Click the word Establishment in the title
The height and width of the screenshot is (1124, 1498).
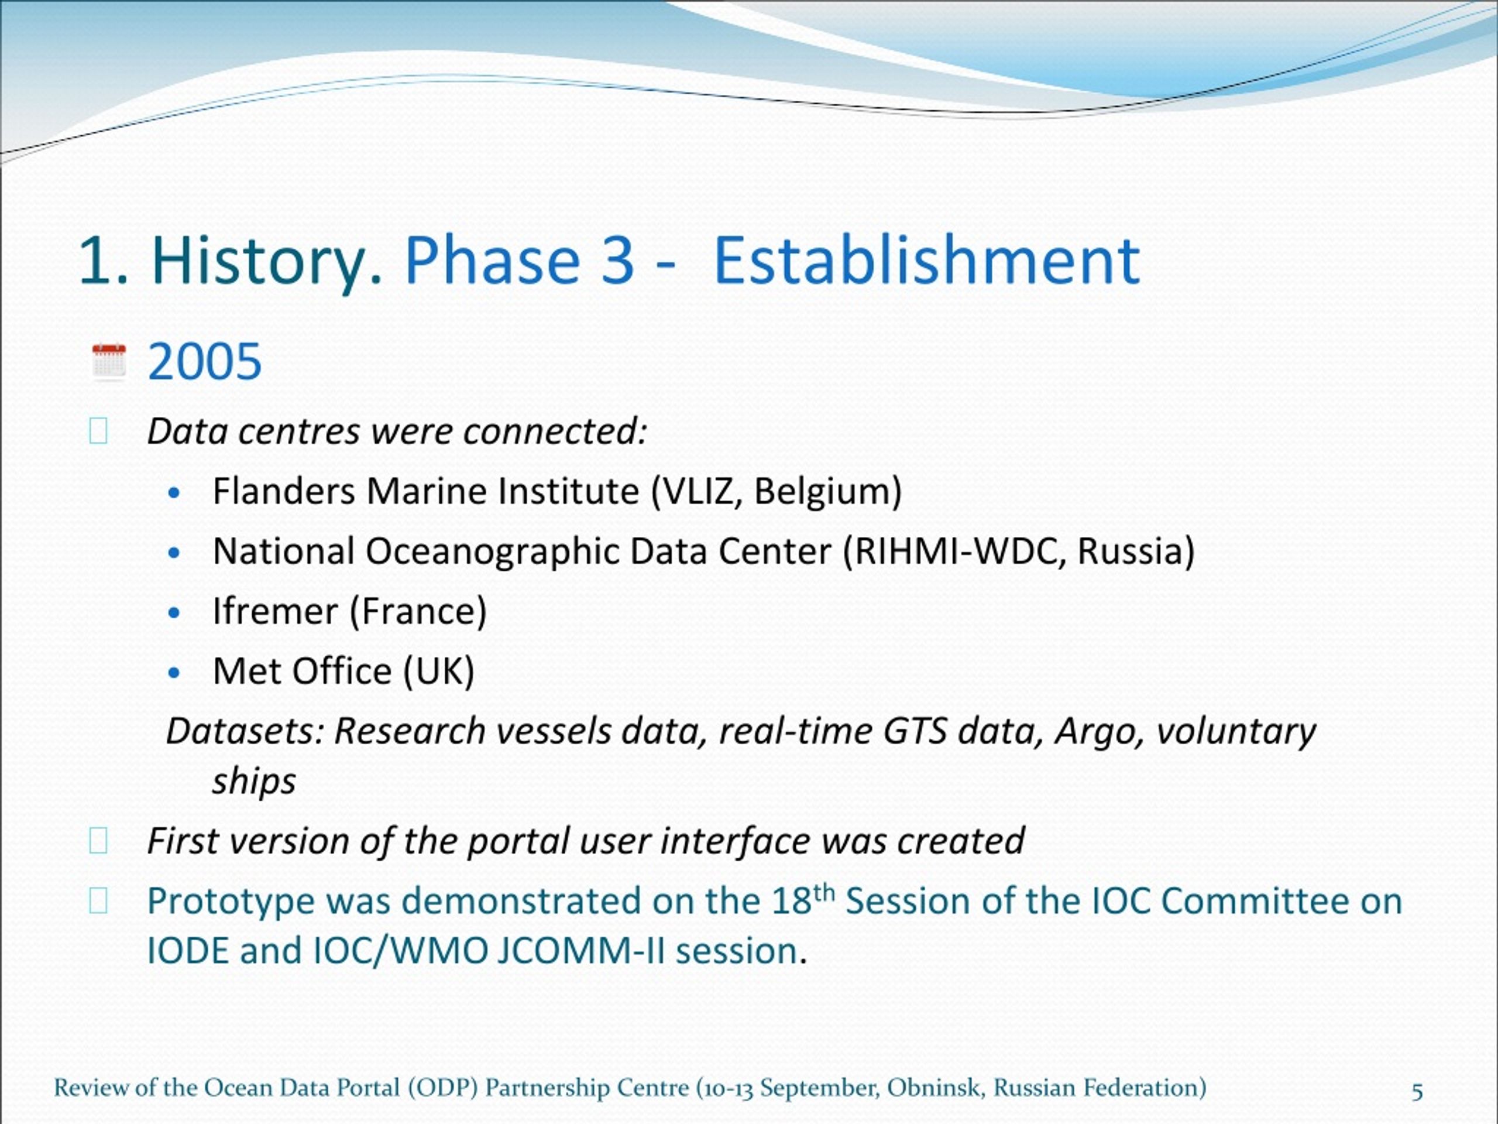(927, 261)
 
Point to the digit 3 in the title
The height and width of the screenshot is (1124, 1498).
(617, 261)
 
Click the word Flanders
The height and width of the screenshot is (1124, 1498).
(283, 491)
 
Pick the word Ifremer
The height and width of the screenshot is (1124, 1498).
(275, 611)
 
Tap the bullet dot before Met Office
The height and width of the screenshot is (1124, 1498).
(175, 673)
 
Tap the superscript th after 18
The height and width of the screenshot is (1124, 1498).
(824, 892)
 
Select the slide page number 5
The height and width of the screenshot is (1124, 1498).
(1417, 1091)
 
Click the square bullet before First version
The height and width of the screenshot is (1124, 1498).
(98, 841)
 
